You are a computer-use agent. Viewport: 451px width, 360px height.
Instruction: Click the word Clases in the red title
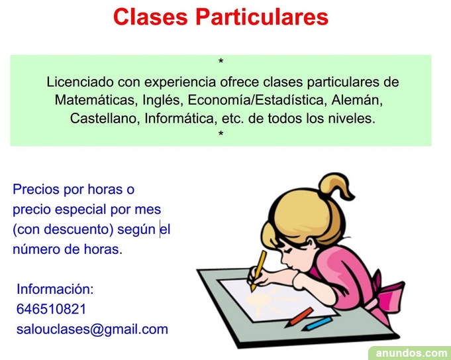coord(150,17)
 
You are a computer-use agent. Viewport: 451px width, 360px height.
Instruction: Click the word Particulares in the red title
coord(262,17)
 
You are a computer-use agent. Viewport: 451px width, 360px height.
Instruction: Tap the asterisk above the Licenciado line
coord(221,61)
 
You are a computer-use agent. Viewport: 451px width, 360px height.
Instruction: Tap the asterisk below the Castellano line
coord(221,133)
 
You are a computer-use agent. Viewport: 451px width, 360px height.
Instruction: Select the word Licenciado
coord(80,82)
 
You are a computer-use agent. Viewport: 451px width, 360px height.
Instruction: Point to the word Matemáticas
coord(95,100)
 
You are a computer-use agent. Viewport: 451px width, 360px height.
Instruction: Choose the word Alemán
coord(357,100)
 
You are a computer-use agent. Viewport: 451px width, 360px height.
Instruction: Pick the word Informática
coord(180,119)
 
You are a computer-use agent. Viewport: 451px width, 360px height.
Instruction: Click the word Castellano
coord(105,119)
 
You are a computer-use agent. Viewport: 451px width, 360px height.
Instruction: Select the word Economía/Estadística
coord(258,100)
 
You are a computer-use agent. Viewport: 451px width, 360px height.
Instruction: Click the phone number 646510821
coord(52,310)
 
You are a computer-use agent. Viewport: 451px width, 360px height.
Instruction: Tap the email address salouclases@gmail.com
coord(92,330)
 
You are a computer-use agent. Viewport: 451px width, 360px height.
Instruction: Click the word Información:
coord(55,289)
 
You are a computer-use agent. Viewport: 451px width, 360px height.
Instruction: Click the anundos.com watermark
coord(411,353)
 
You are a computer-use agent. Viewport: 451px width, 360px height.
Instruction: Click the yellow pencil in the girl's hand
coord(258,270)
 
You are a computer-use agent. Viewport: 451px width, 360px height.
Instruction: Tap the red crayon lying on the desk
coord(299,317)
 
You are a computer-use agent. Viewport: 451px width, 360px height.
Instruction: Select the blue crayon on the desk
coord(317,324)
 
